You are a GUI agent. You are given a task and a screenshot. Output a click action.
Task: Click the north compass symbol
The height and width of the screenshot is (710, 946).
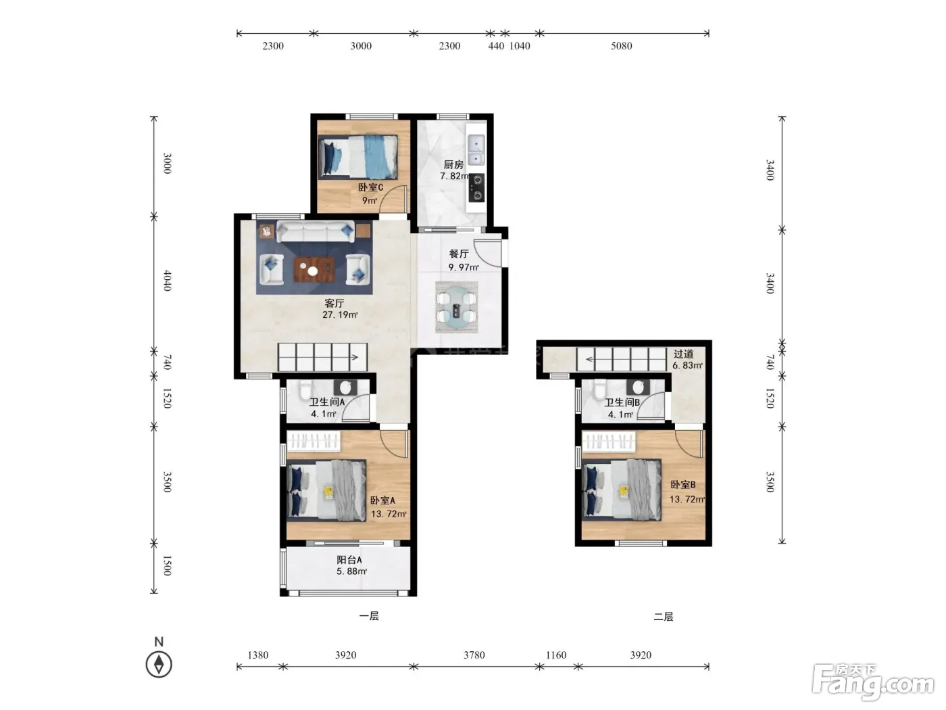coord(159,664)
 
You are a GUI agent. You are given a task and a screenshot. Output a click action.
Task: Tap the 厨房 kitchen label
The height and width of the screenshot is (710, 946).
coord(453,164)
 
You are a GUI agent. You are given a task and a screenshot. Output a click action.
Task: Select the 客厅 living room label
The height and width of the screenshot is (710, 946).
coord(334,303)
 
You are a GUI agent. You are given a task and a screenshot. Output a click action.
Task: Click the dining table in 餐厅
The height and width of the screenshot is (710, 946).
coord(456,307)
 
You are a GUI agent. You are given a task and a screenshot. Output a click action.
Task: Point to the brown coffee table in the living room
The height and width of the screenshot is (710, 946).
coord(314,270)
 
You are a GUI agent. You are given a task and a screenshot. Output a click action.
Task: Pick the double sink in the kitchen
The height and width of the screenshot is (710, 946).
coord(476,149)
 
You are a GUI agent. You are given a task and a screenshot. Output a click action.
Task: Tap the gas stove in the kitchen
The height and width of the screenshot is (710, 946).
coord(476,188)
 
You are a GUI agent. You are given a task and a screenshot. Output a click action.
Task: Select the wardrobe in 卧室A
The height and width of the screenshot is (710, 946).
coord(314,442)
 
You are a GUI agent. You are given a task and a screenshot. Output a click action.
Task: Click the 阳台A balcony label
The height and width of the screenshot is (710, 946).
coord(349,560)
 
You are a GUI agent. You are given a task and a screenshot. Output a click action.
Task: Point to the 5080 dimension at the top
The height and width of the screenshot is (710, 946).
coord(621,46)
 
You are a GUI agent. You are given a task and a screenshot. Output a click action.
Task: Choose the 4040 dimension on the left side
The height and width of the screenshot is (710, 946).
coord(167,281)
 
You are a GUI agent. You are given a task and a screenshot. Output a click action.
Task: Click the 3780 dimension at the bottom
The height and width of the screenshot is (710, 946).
coord(474,655)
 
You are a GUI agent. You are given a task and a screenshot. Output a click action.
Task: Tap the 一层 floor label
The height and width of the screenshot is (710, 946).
coord(369,616)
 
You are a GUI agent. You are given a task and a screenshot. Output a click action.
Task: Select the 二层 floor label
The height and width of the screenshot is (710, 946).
coord(664,617)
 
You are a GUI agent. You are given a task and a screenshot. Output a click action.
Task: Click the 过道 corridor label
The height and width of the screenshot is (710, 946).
coord(684,354)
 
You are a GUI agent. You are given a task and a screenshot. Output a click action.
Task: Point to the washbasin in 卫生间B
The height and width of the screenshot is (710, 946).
coord(639,387)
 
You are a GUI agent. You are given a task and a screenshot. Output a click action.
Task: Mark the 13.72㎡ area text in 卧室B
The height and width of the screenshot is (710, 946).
coord(687,499)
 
